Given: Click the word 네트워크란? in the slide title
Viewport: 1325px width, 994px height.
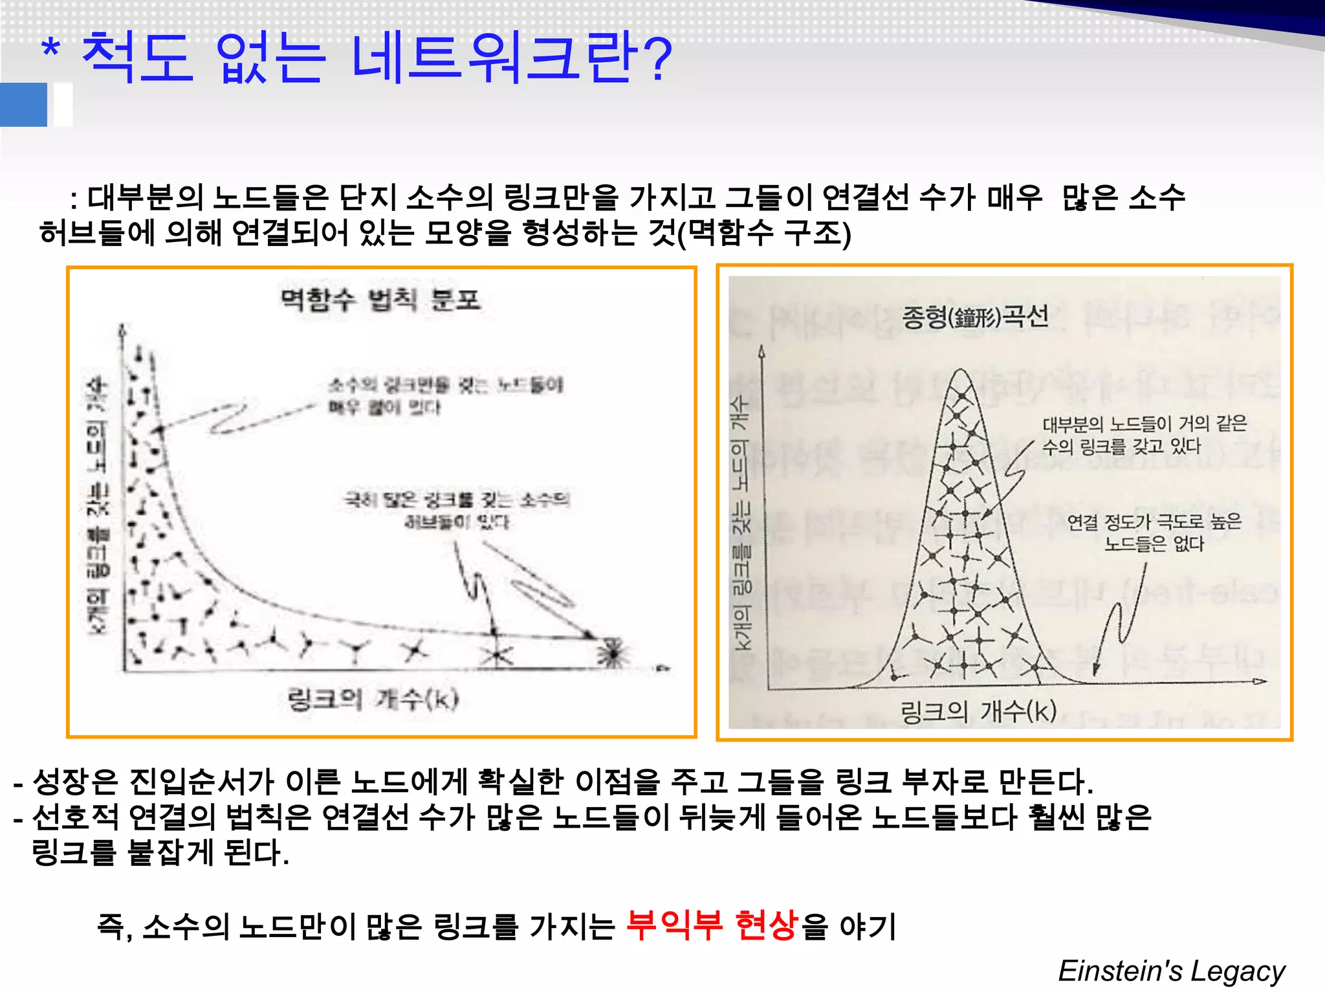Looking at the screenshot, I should [x=511, y=58].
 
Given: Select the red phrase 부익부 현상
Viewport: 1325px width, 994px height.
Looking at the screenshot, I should [x=712, y=925].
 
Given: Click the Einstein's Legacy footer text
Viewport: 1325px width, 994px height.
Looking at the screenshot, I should [x=1171, y=971].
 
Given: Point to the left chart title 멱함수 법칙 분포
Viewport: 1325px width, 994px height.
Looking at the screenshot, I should [x=380, y=300].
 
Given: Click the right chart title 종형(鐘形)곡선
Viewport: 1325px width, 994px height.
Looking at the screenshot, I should [x=975, y=316].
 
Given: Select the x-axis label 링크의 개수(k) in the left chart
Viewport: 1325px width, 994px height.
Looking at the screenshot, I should [x=373, y=699].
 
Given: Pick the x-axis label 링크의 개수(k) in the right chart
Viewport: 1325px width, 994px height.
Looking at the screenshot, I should [x=978, y=711].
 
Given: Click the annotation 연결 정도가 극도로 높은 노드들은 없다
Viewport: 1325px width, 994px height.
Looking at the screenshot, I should [x=1154, y=532].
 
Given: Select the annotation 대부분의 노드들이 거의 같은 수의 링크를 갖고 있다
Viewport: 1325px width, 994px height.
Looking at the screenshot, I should [x=1144, y=435].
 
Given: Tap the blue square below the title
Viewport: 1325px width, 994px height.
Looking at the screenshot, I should [x=24, y=105].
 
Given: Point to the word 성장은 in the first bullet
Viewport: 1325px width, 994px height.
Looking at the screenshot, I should [x=75, y=782].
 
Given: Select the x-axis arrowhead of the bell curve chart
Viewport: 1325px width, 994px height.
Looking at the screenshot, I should [x=1259, y=681].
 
